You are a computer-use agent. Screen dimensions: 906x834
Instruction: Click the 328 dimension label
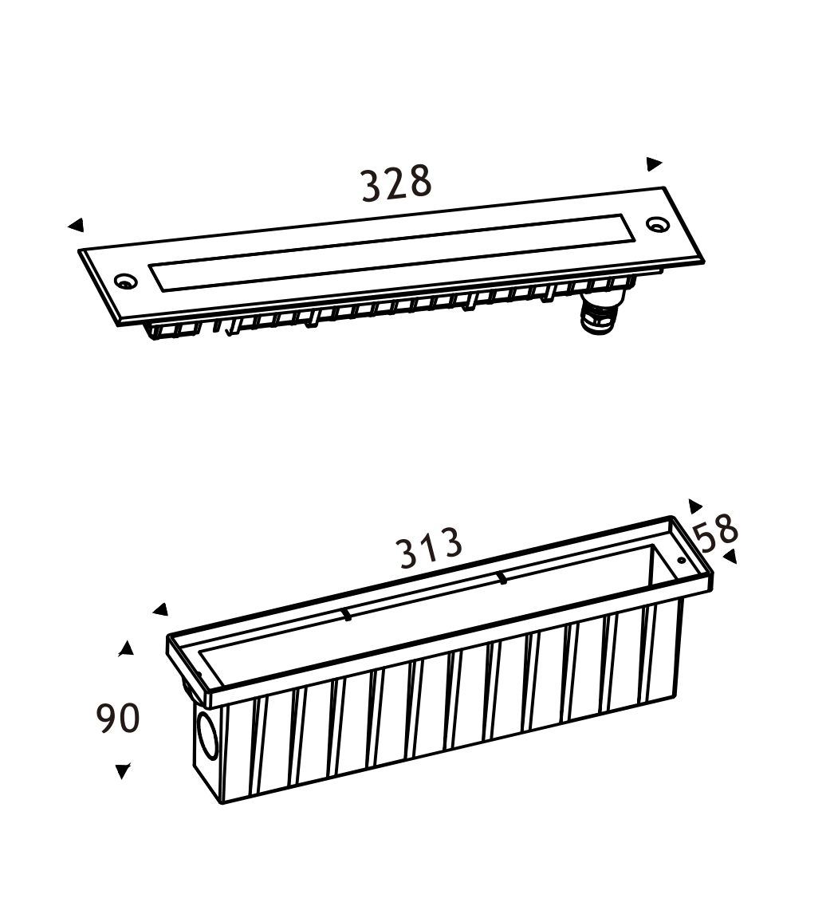pos(396,183)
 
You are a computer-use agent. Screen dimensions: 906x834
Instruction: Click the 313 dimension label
pos(431,548)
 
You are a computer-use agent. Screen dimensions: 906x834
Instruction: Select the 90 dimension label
pos(118,718)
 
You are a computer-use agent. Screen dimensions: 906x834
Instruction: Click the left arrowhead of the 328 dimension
pos(77,226)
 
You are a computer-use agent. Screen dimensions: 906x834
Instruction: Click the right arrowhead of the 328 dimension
pos(654,163)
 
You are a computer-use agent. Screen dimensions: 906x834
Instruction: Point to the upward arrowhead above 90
pos(126,648)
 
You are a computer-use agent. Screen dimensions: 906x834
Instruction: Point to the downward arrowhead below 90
pos(123,770)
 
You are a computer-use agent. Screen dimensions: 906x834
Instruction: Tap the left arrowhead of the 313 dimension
pos(161,610)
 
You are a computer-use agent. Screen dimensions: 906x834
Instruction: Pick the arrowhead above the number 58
pos(694,506)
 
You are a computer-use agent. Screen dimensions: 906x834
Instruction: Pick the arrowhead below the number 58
pos(730,556)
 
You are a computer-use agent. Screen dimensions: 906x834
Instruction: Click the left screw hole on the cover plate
pos(124,282)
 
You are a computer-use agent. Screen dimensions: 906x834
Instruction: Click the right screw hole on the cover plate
pos(657,224)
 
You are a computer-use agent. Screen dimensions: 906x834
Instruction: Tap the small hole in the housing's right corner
pos(681,560)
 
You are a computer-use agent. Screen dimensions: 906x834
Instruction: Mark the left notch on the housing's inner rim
pos(346,614)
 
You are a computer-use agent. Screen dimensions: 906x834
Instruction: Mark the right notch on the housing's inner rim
pos(502,578)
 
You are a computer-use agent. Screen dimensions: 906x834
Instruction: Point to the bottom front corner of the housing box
pos(222,802)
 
